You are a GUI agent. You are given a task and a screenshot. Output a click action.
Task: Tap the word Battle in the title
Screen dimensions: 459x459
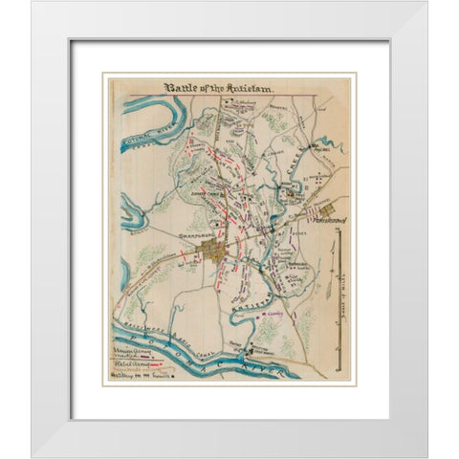click(x=182, y=88)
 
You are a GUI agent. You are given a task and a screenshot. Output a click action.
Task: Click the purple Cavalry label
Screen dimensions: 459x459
click(x=277, y=312)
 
